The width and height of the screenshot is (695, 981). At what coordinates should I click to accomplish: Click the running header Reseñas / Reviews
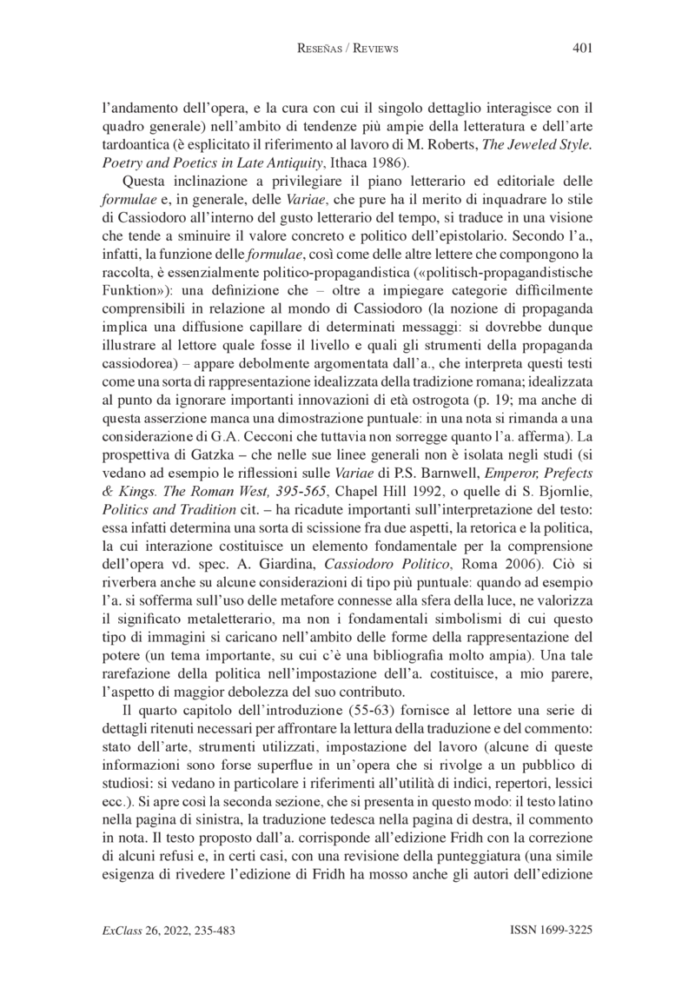pyautogui.click(x=347, y=50)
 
